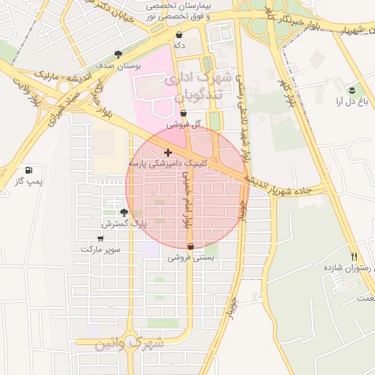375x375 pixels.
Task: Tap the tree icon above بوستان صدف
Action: pyautogui.click(x=119, y=54)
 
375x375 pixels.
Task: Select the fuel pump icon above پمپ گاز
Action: pyautogui.click(x=28, y=170)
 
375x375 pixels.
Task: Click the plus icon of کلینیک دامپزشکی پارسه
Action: pyautogui.click(x=168, y=152)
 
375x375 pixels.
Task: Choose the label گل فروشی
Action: pyautogui.click(x=182, y=125)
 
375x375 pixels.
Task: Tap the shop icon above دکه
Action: pyautogui.click(x=179, y=34)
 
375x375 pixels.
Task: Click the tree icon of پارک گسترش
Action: pyautogui.click(x=124, y=212)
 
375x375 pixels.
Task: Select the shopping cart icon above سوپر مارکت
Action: pyautogui.click(x=100, y=239)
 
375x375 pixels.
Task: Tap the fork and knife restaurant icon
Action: pyautogui.click(x=354, y=257)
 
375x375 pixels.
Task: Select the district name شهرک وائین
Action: pyautogui.click(x=141, y=343)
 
